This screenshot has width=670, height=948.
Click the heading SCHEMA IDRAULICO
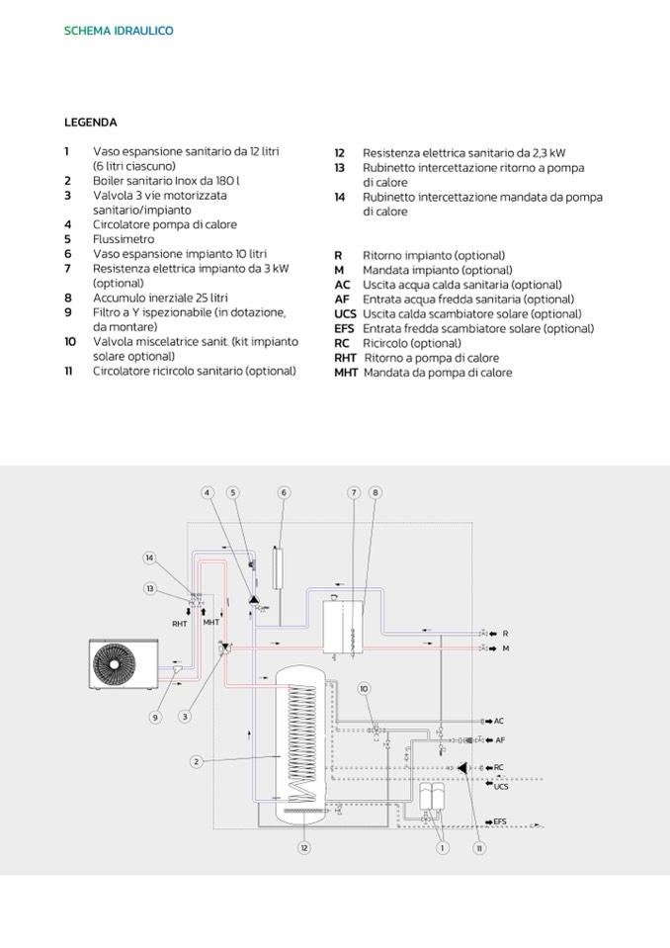tap(119, 31)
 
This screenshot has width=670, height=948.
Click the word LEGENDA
tap(91, 123)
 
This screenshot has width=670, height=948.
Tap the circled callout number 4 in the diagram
tap(208, 492)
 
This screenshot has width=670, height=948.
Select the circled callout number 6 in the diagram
tap(283, 492)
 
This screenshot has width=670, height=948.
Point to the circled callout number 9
tap(154, 717)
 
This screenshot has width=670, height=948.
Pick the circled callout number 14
tap(149, 559)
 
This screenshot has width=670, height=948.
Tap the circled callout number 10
tap(364, 688)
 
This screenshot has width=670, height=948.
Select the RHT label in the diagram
tap(180, 624)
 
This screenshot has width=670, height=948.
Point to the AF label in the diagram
tap(500, 739)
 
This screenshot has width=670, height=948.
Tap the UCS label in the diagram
tap(501, 786)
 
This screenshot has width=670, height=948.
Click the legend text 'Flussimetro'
tap(124, 239)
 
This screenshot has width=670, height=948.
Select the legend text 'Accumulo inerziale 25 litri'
tap(160, 298)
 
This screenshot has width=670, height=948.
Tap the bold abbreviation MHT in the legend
tap(346, 373)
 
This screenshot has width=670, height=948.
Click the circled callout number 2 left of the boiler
tap(198, 761)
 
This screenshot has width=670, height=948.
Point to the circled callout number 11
tap(479, 847)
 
